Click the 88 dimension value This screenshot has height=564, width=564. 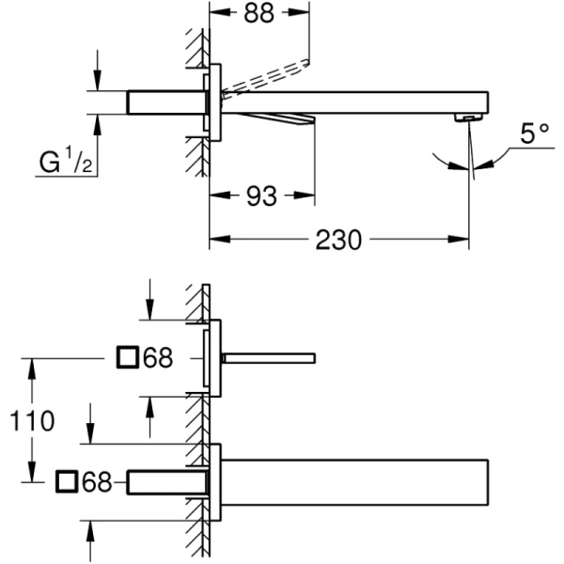tap(258, 15)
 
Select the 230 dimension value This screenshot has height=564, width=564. tap(338, 241)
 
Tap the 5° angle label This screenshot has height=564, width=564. tap(535, 134)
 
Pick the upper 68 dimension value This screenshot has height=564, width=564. tap(157, 357)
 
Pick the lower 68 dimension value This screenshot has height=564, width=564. tap(97, 482)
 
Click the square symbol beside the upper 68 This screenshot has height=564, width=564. tap(127, 357)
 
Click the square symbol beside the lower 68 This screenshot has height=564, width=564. tap(67, 482)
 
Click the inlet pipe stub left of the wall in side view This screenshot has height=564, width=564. tap(165, 102)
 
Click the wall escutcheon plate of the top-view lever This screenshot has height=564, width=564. tap(213, 358)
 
